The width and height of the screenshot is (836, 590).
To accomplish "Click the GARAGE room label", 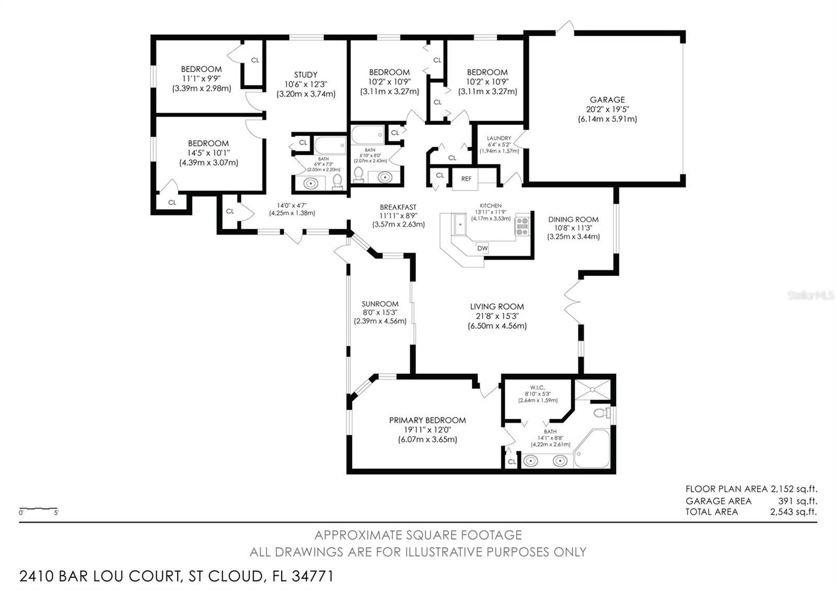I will pos(607,100).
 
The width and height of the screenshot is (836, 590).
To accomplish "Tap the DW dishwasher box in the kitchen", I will pos(482,249).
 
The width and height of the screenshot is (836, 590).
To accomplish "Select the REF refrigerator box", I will pos(466,179).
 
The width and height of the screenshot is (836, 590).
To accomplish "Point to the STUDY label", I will pos(306,75).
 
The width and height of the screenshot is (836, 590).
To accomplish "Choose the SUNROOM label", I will pos(380,304).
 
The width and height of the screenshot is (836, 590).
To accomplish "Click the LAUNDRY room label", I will pos(499,138).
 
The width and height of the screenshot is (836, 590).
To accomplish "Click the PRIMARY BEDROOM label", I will pos(427,420).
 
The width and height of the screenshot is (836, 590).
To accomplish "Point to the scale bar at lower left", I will pos(38,509).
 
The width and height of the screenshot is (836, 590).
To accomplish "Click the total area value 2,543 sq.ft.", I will pos(793,512).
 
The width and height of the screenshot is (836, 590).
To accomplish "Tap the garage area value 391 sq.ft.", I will pos(797,501).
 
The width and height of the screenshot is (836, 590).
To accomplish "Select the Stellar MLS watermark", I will pos(810,296).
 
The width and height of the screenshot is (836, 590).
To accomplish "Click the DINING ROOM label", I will pos(573,219).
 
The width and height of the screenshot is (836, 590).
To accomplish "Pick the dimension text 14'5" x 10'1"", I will pos(208,153).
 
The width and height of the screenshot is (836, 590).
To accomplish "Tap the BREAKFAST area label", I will pos(398,207).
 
